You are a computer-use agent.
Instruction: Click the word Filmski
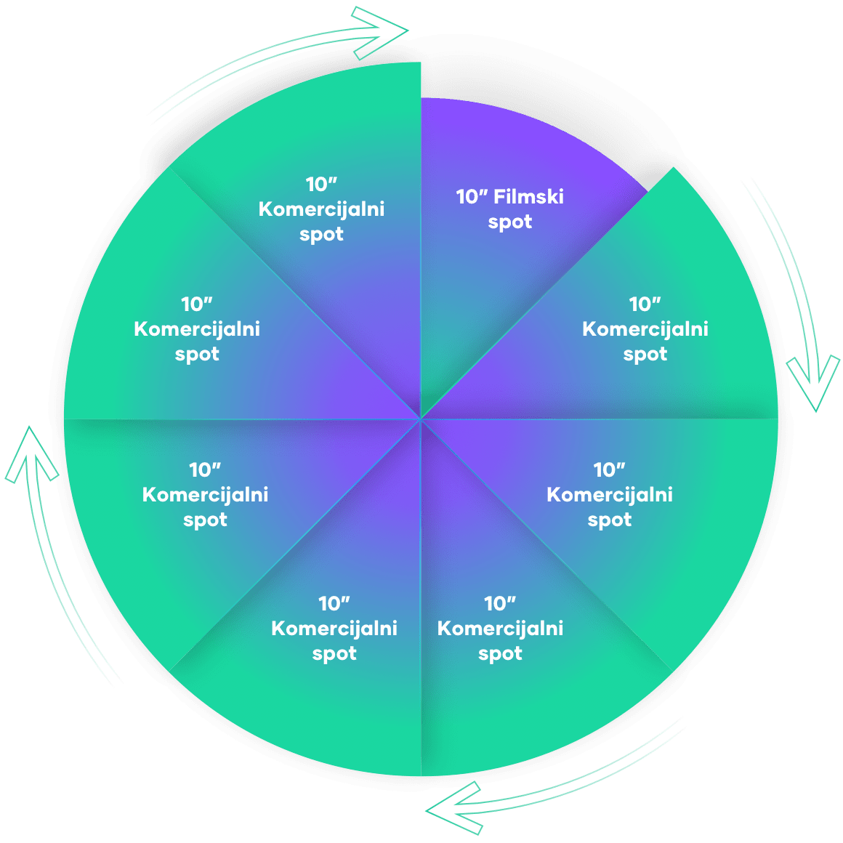pyautogui.click(x=528, y=197)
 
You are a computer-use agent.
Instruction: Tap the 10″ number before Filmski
pyautogui.click(x=472, y=197)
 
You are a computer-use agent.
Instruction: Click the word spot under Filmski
pyautogui.click(x=509, y=222)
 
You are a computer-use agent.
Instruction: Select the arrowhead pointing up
pyautogui.click(x=31, y=454)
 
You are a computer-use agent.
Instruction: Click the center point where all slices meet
pyautogui.click(x=421, y=419)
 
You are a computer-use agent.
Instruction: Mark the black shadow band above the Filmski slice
pyautogui.click(x=538, y=87)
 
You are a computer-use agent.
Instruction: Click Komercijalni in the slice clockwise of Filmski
pyautogui.click(x=645, y=329)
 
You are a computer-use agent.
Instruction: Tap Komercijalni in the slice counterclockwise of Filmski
pyautogui.click(x=321, y=210)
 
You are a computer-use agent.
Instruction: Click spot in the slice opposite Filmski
pyautogui.click(x=334, y=654)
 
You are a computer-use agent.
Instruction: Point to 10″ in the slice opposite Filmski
pyautogui.click(x=334, y=603)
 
